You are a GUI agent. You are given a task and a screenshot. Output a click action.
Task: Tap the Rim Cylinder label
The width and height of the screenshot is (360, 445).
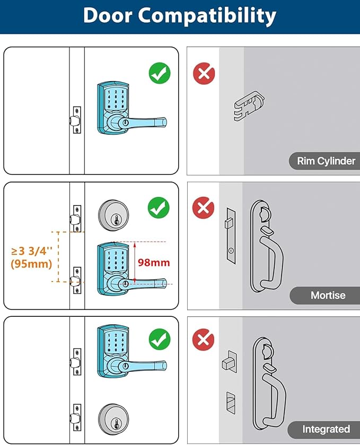[326, 161]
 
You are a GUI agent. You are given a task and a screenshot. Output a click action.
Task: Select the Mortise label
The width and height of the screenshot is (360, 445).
[328, 295]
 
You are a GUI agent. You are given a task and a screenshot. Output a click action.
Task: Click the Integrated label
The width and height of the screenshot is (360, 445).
[326, 429]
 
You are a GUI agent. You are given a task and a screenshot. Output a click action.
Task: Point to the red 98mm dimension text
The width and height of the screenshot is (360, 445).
[154, 262]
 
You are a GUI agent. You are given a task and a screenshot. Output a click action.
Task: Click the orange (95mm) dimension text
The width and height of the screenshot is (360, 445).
[31, 264]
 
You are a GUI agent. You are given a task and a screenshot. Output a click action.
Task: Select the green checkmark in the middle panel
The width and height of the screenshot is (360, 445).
[159, 207]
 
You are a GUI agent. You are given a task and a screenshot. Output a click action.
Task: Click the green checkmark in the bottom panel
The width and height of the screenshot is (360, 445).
[159, 337]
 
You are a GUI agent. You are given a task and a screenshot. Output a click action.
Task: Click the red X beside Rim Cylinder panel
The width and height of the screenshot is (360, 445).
[204, 73]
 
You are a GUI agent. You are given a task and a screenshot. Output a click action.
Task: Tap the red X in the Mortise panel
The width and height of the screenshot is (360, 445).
[203, 208]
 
